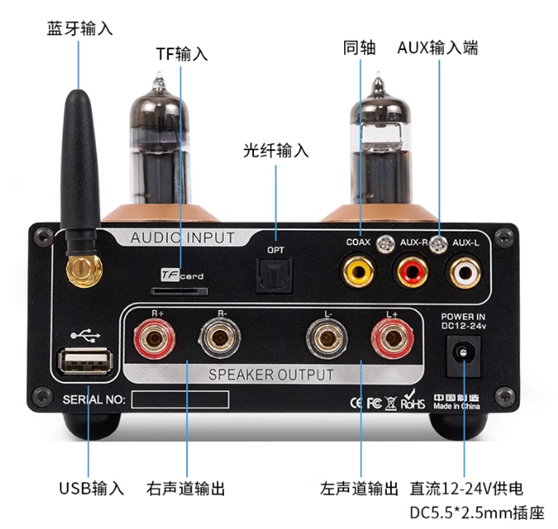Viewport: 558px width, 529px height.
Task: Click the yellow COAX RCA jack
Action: pos(358,272)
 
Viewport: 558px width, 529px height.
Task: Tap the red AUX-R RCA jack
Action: pos(411,272)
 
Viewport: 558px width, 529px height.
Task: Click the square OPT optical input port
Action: pos(274,276)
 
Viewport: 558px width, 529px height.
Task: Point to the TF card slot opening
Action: pos(180,292)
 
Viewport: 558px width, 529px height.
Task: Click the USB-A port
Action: pos(85,362)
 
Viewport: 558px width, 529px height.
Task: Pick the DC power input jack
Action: pos(463,356)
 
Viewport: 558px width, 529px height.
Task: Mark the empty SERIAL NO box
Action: pos(180,399)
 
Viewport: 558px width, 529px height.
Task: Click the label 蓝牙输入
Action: pos(79,29)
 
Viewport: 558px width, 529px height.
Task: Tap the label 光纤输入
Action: pos(276,150)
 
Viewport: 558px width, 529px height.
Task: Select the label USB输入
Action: pos(92,488)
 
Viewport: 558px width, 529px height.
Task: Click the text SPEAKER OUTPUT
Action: pos(271,375)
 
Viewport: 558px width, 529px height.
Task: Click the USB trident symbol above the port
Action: pos(86,335)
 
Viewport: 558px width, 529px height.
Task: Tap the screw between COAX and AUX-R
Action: pos(386,244)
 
